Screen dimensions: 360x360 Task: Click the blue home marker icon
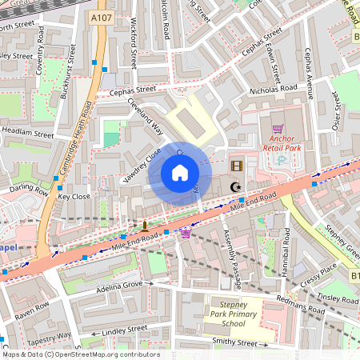[180, 172]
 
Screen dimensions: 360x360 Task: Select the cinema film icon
[236, 166]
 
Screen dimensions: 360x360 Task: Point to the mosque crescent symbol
[235, 187]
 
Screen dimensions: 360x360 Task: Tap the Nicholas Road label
[273, 90]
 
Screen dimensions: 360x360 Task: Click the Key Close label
[74, 196]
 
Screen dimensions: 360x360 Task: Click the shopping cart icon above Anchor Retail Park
[277, 128]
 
